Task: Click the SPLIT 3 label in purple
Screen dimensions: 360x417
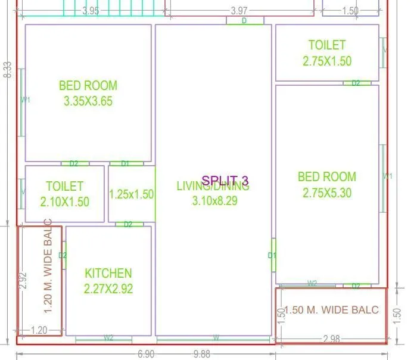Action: coord(225,181)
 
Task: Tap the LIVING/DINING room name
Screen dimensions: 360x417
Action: coord(213,187)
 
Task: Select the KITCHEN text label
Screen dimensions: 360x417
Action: coord(108,274)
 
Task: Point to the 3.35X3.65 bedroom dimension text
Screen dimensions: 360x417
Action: coord(88,101)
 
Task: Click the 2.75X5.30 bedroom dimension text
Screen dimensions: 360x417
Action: coord(326,193)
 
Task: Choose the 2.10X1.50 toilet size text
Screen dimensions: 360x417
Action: coord(64,202)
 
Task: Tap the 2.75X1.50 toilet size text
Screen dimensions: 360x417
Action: coord(326,61)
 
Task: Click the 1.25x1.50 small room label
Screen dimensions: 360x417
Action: coord(131,194)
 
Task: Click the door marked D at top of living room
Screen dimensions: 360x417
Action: coord(244,21)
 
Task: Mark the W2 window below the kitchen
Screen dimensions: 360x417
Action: coord(108,338)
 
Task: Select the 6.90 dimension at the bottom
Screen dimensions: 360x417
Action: coord(146,354)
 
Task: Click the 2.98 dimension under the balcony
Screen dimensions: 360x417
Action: coord(332,339)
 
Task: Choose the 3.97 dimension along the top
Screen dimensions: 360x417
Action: coord(239,11)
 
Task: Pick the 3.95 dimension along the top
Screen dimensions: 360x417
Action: coord(91,11)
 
